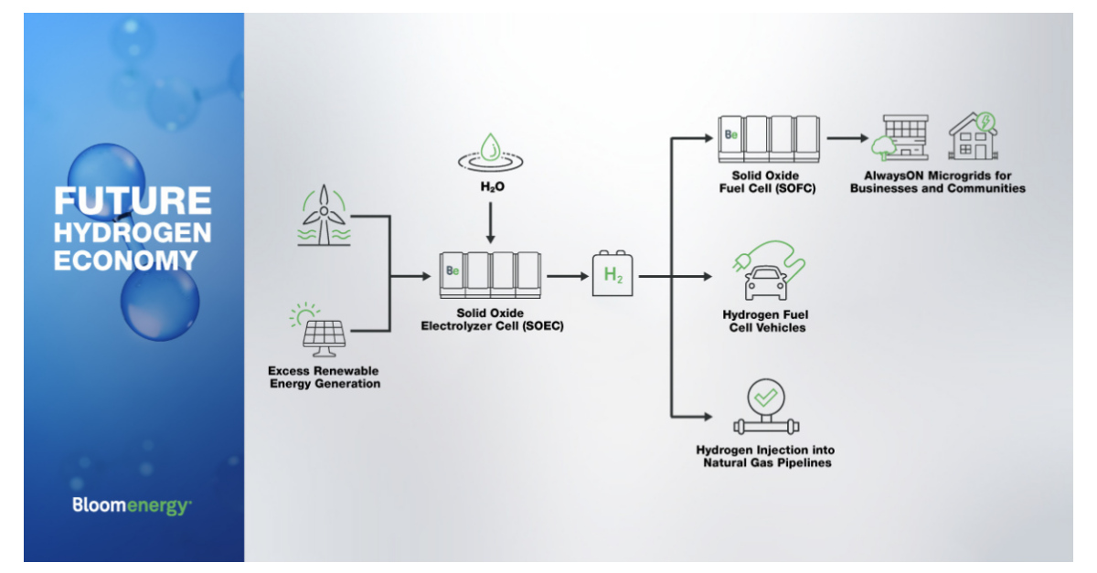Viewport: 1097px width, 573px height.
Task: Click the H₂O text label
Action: (x=492, y=186)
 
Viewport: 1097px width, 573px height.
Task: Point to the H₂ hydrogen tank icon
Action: (x=612, y=274)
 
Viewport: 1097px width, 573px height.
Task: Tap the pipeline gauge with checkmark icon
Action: (x=765, y=409)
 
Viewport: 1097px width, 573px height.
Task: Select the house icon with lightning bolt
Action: (x=973, y=137)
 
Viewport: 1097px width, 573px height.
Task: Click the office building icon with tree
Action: (x=900, y=138)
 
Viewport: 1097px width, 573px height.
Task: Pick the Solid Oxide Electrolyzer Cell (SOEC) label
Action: (x=492, y=319)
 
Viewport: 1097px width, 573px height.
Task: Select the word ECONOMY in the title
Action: (x=126, y=260)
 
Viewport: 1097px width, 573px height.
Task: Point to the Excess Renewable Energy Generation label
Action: (x=324, y=377)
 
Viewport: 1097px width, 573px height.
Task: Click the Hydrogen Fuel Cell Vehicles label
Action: (x=764, y=321)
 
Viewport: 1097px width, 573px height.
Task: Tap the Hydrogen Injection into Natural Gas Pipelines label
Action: (x=765, y=456)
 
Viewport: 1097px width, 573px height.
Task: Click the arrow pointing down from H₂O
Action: (x=491, y=222)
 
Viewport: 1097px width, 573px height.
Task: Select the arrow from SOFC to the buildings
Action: (x=848, y=139)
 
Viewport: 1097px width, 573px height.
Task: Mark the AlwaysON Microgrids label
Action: (x=937, y=182)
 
